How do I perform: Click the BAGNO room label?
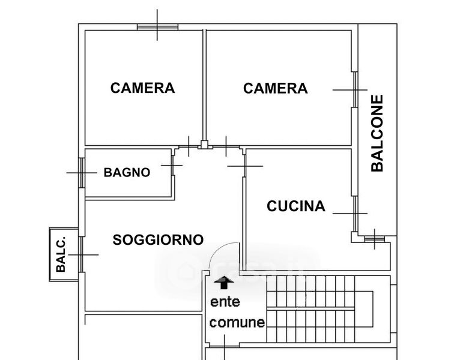pyautogui.click(x=127, y=172)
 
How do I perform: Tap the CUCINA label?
pyautogui.click(x=296, y=206)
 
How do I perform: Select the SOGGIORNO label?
pyautogui.click(x=158, y=240)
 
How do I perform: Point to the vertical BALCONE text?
pyautogui.click(x=377, y=133)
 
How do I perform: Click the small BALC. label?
pyautogui.click(x=61, y=254)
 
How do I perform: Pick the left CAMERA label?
pyautogui.click(x=142, y=88)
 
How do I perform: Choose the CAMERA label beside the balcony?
pyautogui.click(x=276, y=88)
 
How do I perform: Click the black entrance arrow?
pyautogui.click(x=224, y=282)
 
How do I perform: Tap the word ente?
pyautogui.click(x=225, y=302)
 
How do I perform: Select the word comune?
pyautogui.click(x=237, y=322)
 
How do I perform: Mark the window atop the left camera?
pyautogui.click(x=157, y=27)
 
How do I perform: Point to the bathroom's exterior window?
pyautogui.click(x=82, y=173)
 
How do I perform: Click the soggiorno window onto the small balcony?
pyautogui.click(x=81, y=254)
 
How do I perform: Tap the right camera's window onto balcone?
pyautogui.click(x=355, y=89)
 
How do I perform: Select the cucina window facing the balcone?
pyautogui.click(x=355, y=214)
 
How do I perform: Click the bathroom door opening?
pyautogui.click(x=173, y=166)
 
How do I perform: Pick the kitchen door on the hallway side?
pyautogui.click(x=244, y=166)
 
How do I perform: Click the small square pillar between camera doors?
pyautogui.click(x=205, y=145)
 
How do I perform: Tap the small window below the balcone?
pyautogui.click(x=375, y=239)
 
